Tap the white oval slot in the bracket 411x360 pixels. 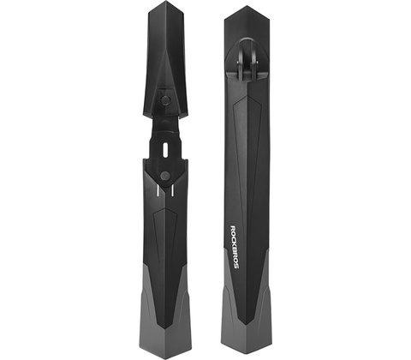point(165,149)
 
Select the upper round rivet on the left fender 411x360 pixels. point(164,99)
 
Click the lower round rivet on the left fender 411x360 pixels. point(164,176)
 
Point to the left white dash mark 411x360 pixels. point(157,190)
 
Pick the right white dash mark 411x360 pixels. point(173,190)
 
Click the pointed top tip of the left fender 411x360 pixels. point(166,1)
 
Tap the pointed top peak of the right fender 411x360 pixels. point(247,6)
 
